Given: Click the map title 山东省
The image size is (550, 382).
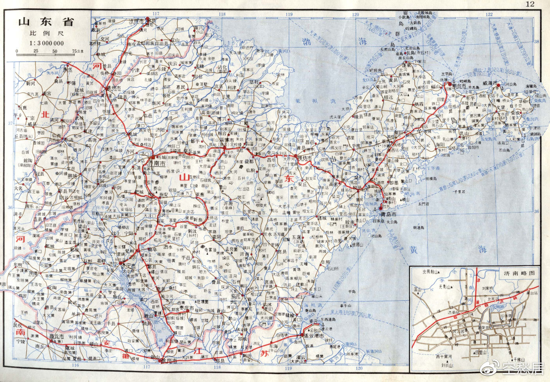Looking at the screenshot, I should (x=46, y=22).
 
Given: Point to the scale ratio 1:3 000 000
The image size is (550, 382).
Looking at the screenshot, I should (x=46, y=43).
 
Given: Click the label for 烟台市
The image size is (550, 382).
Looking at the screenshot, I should (x=458, y=85).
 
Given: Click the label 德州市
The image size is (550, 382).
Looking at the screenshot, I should (x=113, y=89).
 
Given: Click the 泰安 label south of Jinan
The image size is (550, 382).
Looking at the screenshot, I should (x=163, y=195).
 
